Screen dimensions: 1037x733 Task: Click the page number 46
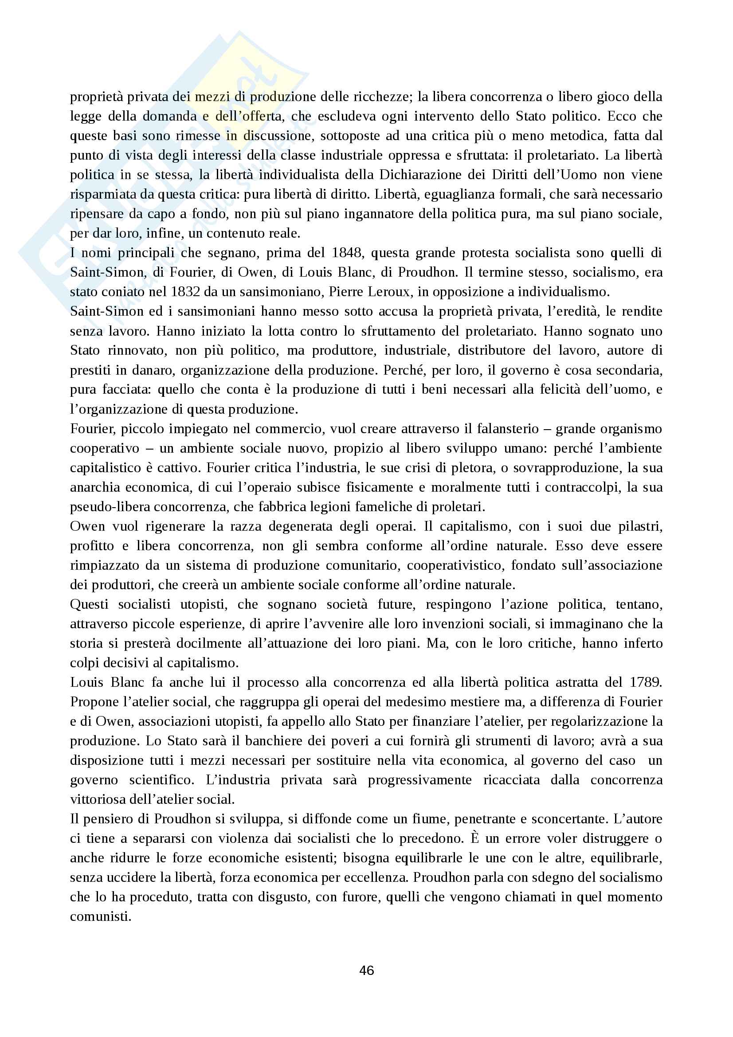coord(366,970)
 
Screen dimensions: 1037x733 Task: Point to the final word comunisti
coord(100,917)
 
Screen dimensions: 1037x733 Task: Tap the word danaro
coord(153,370)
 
